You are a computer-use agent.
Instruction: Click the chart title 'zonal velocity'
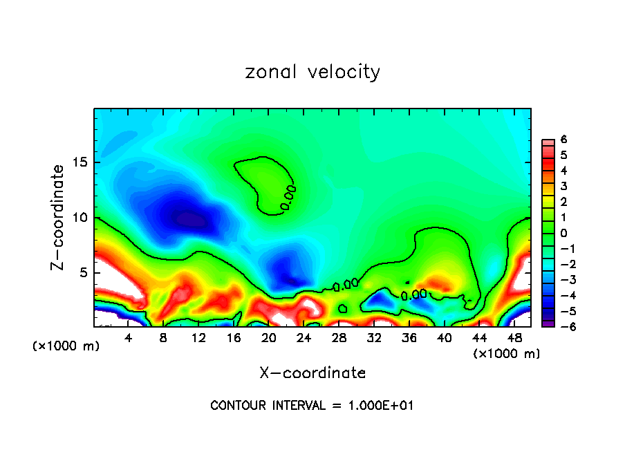[x=312, y=72]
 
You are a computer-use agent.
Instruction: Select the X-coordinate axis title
[x=312, y=373]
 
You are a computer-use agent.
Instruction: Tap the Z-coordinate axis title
[x=58, y=217]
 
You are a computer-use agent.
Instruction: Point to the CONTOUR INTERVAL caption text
[x=312, y=406]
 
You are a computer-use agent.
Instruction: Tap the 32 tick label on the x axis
[x=375, y=338]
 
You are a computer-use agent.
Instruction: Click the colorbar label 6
[x=563, y=140]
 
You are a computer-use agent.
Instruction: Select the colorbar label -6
[x=561, y=326]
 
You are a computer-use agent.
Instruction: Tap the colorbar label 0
[x=563, y=233]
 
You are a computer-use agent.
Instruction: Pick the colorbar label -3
[x=561, y=279]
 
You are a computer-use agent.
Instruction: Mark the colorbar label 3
[x=563, y=186]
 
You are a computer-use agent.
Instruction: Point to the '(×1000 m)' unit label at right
[x=507, y=354]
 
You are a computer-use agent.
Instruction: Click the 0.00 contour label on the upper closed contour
[x=288, y=197]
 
